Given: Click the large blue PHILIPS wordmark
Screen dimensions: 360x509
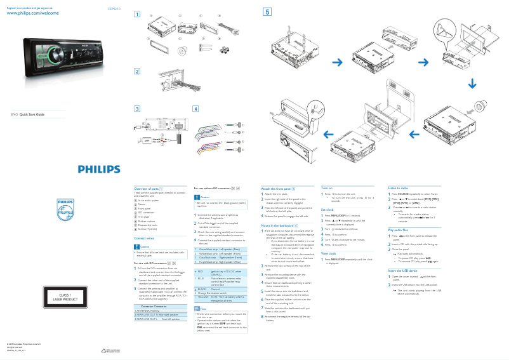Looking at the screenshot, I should [x=98, y=170].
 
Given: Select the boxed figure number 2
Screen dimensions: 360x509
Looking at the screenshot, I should [x=137, y=70].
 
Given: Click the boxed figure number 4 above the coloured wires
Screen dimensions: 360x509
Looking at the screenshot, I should [x=196, y=109].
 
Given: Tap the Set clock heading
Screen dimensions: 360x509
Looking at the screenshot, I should [x=327, y=209].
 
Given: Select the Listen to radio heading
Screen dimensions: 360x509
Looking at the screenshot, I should [x=399, y=189].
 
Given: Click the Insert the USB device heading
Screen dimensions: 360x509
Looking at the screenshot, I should [x=404, y=270].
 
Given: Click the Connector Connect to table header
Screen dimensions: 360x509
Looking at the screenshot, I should [x=154, y=306].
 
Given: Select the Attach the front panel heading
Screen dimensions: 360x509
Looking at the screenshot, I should [x=279, y=189].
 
